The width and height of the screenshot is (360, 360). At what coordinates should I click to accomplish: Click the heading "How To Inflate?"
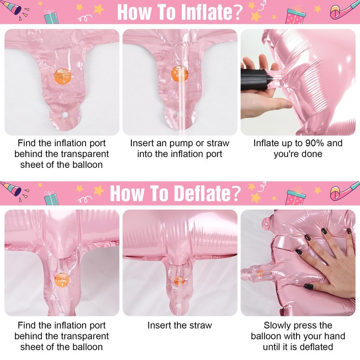click(180, 12)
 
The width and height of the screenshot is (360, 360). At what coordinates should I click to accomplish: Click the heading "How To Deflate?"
click(175, 193)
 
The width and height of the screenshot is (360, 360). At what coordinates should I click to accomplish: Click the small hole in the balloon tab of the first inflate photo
click(65, 115)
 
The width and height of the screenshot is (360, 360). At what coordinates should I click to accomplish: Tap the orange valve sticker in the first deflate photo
click(62, 280)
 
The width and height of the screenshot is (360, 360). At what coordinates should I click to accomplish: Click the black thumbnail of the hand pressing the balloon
click(309, 286)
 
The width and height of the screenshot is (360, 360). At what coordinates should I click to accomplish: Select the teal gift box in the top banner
click(51, 17)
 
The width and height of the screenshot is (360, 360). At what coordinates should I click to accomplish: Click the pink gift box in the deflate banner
click(296, 196)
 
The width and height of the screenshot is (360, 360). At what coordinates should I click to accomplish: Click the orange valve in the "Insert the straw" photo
click(179, 280)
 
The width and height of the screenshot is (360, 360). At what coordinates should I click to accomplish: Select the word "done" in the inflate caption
click(312, 154)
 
